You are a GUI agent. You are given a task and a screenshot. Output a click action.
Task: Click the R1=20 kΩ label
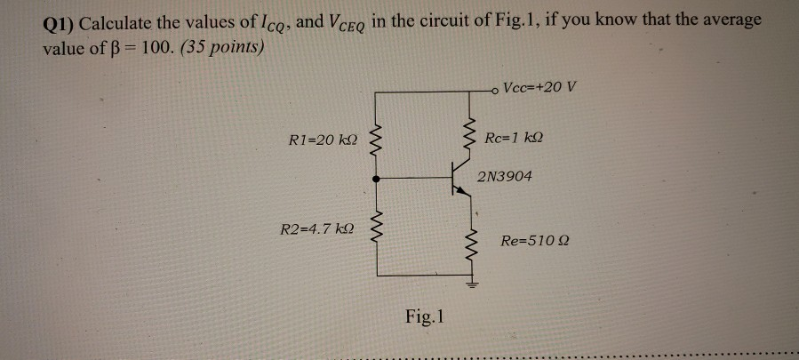[x=324, y=140]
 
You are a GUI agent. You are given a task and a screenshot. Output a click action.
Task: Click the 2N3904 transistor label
[x=505, y=177]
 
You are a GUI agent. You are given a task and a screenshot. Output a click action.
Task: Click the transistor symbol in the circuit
[x=460, y=178]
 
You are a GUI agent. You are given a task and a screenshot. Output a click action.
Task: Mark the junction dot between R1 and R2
[x=376, y=179]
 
